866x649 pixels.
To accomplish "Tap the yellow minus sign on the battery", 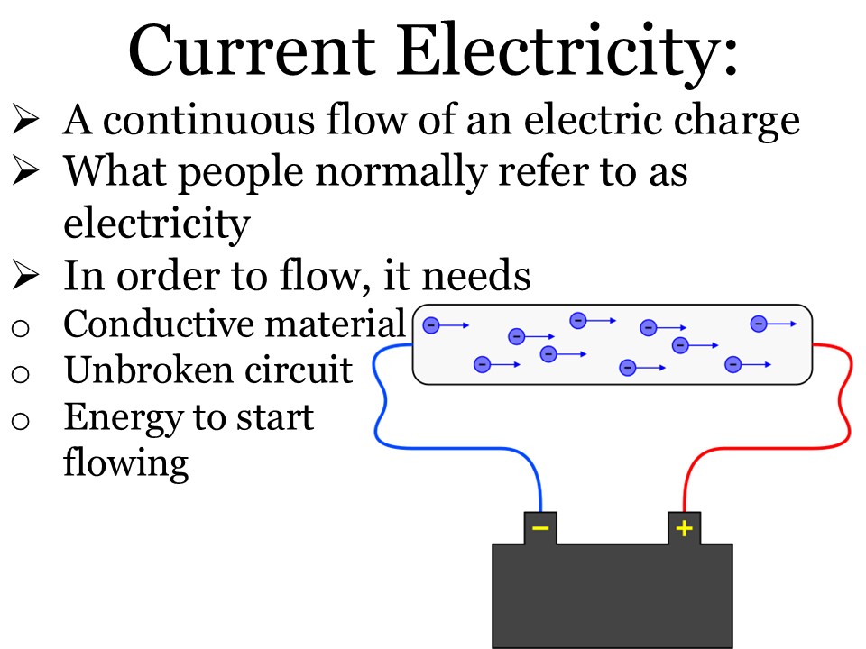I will [540, 527].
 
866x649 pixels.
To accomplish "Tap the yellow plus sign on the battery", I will [685, 527].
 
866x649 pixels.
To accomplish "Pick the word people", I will [225, 172].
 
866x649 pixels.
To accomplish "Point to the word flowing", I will [126, 463].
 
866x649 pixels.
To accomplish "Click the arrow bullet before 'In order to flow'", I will [29, 275].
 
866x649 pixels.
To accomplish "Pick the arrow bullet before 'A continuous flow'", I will [29, 120].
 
